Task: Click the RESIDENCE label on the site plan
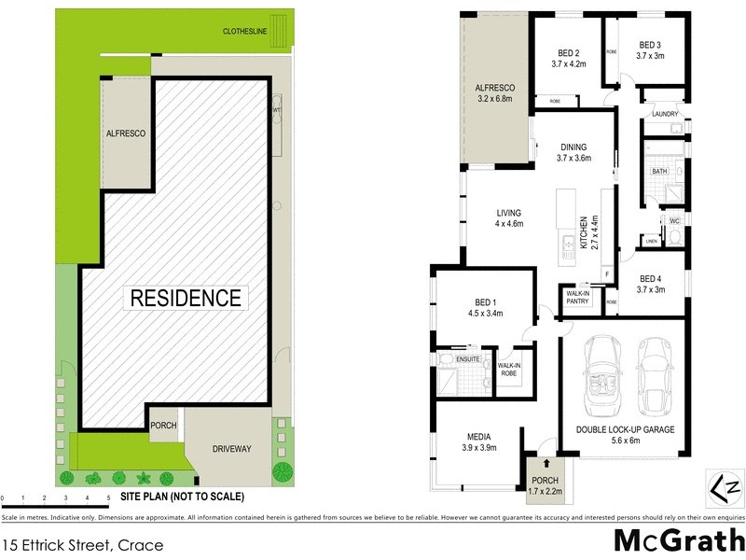point(186,299)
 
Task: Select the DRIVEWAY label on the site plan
point(228,449)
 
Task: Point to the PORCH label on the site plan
point(163,425)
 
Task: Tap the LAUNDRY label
point(665,114)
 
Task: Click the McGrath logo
point(678,541)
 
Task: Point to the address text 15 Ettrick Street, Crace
point(84,544)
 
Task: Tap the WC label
point(673,221)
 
